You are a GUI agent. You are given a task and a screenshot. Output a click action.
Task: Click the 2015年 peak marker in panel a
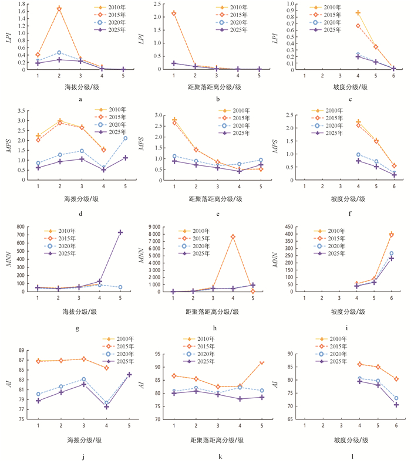click(x=59, y=9)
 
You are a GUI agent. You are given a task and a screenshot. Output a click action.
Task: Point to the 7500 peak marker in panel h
click(x=233, y=236)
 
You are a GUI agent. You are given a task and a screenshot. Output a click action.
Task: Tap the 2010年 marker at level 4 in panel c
click(x=358, y=12)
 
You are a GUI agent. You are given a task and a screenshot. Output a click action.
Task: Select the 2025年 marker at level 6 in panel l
click(x=396, y=405)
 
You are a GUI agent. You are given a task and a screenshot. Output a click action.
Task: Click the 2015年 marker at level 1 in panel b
click(x=174, y=13)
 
